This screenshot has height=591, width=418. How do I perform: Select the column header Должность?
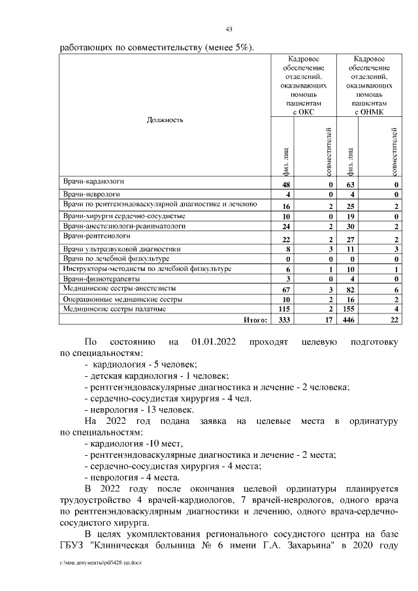pyautogui.click(x=165, y=120)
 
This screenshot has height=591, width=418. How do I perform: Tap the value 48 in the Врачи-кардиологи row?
pyautogui.click(x=285, y=185)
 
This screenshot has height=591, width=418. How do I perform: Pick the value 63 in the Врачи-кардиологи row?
pyautogui.click(x=349, y=185)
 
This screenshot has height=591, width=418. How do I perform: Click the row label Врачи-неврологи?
pyautogui.click(x=91, y=195)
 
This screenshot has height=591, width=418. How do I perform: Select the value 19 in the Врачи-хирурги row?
pyautogui.click(x=349, y=216)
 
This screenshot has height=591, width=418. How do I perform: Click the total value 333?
pyautogui.click(x=283, y=319)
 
